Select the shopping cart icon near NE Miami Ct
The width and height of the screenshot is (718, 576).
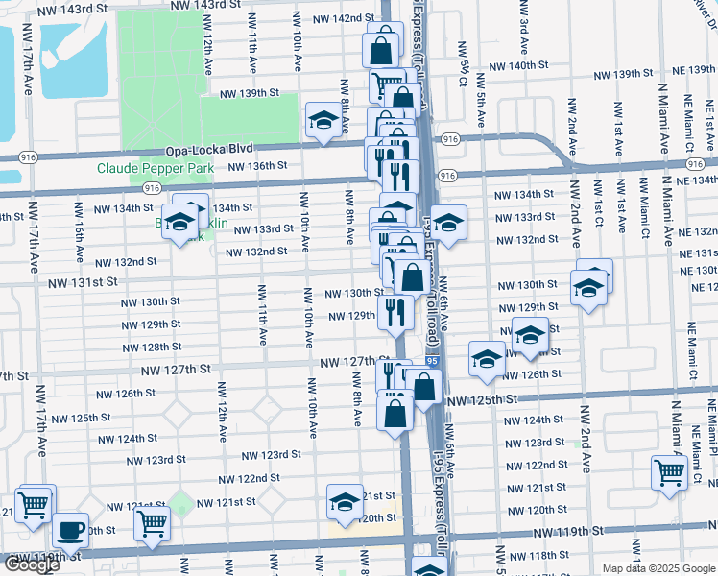(x=669, y=471)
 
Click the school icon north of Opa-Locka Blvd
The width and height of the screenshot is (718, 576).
(x=323, y=121)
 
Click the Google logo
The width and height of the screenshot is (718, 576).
(x=31, y=564)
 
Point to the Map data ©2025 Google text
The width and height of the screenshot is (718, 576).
(x=658, y=568)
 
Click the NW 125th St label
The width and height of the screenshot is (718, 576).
(x=481, y=398)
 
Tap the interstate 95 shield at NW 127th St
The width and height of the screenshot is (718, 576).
(x=433, y=361)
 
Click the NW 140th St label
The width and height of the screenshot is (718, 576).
(x=517, y=66)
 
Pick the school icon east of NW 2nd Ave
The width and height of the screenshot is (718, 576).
(x=589, y=286)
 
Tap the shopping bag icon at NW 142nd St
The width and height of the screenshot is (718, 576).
(x=381, y=45)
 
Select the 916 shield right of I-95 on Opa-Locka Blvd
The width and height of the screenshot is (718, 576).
(x=451, y=139)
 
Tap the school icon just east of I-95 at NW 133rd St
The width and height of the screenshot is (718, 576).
(x=447, y=224)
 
